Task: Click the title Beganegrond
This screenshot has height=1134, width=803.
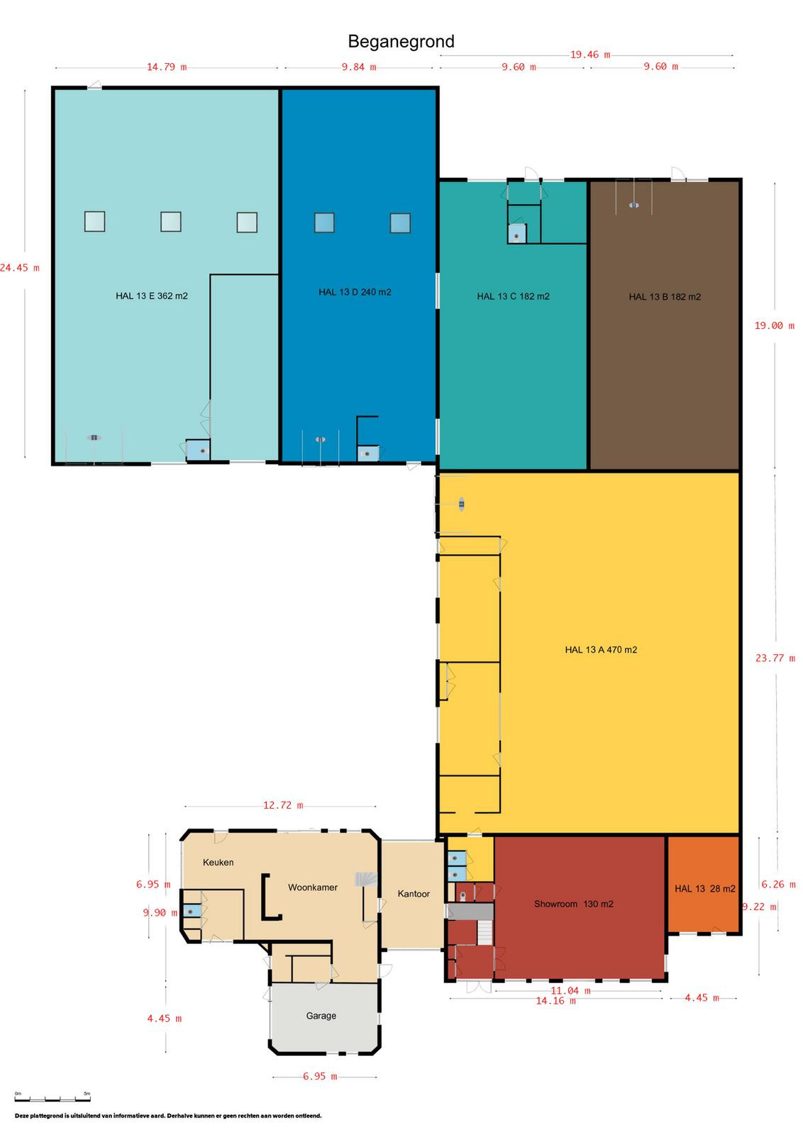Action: [401, 42]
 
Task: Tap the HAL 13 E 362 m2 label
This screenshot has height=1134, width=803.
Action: [152, 296]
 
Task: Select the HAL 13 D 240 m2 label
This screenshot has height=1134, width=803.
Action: [355, 291]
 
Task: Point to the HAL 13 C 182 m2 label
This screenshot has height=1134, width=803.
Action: [513, 296]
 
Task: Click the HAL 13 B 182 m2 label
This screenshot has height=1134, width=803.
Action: [665, 297]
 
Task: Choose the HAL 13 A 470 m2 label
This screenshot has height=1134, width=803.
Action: [601, 649]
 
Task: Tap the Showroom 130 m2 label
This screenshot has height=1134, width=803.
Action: [573, 904]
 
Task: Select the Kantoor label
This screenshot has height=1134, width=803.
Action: [414, 894]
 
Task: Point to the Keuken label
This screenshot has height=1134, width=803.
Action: [218, 862]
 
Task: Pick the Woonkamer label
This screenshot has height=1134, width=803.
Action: [313, 887]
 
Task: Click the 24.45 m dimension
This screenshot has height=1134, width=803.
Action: [19, 268]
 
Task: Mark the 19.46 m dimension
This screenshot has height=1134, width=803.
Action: [590, 54]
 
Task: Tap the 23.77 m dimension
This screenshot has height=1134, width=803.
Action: [775, 658]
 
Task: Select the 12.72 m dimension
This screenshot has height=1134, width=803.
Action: [283, 805]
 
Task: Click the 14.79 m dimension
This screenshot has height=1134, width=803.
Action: [167, 67]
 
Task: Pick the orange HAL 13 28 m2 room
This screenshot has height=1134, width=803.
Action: [704, 883]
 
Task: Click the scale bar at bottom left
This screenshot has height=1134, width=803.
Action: [52, 1099]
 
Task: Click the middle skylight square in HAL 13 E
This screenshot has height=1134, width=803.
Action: [171, 221]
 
